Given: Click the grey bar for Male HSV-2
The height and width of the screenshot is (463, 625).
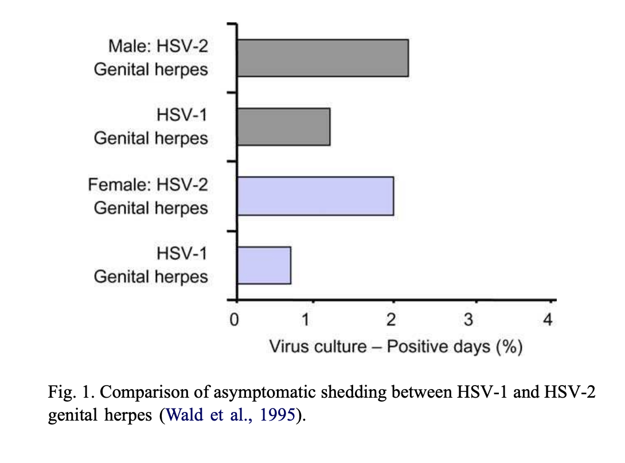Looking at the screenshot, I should click(322, 58).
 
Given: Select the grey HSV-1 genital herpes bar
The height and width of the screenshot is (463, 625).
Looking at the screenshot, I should click(283, 127).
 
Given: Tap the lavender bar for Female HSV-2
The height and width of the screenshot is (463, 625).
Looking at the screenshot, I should click(315, 196).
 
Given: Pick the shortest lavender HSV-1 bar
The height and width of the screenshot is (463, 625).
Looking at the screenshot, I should click(264, 265).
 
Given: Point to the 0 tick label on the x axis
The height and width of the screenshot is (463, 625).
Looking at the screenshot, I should click(234, 320).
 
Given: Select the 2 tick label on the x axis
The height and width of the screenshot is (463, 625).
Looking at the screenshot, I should click(391, 320).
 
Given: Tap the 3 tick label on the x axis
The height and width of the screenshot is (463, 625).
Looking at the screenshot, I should click(468, 320).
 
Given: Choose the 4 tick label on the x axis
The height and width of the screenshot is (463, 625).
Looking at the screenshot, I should click(548, 320).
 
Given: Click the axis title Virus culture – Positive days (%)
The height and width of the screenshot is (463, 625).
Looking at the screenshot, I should click(396, 347).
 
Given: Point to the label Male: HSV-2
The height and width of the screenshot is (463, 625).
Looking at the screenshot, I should click(158, 46).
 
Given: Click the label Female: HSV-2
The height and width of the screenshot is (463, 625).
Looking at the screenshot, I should click(148, 185).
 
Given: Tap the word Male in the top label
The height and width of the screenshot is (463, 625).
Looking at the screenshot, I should click(127, 46).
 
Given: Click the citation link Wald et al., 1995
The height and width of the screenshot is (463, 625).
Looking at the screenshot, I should click(232, 415).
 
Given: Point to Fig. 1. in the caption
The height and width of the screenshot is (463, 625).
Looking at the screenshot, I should click(67, 393).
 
